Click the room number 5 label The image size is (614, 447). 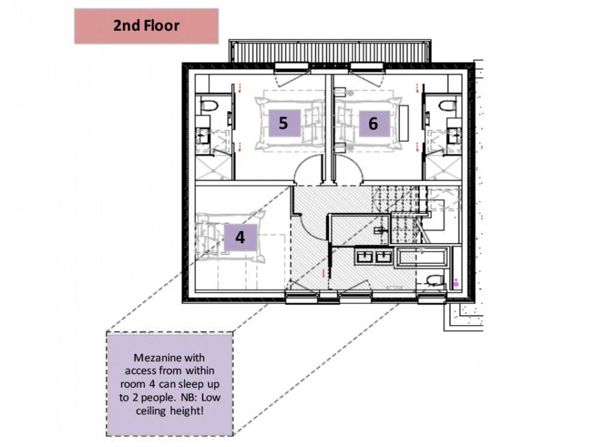point(284,123)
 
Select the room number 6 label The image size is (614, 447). point(375,123)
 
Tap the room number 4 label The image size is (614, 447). point(240,237)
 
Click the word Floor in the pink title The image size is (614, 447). point(162,26)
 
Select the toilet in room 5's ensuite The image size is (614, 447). point(209,105)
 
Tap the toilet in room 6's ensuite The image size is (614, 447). point(447,105)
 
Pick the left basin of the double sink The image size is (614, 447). point(365,256)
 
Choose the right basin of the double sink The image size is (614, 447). point(383,256)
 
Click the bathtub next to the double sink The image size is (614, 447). point(422,258)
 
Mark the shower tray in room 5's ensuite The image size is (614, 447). point(211,168)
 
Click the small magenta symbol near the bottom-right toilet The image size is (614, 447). point(456,282)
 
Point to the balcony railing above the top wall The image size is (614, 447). point(330,51)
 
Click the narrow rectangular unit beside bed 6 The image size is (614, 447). point(404,123)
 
